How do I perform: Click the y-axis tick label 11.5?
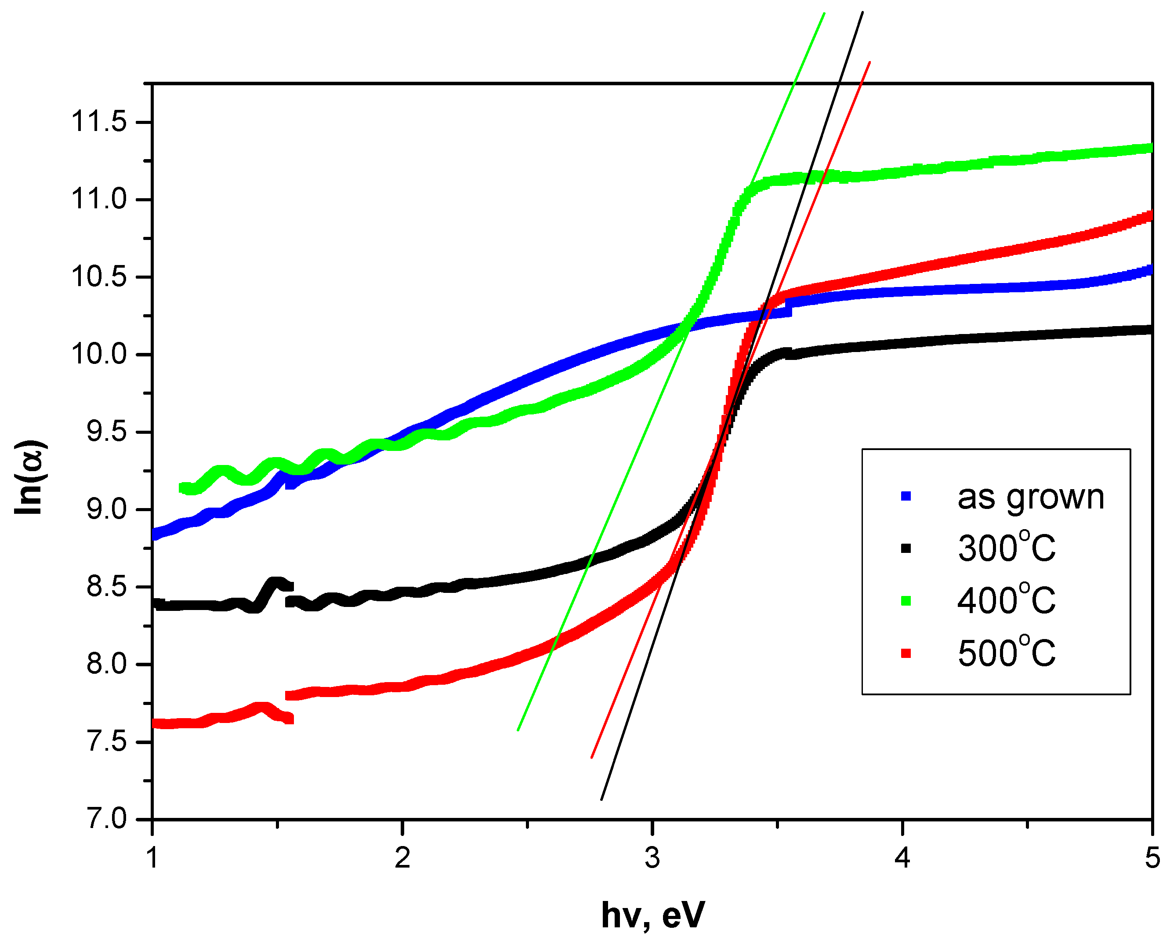[x=99, y=121]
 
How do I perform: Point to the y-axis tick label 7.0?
[x=106, y=819]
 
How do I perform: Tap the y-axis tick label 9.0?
[x=106, y=509]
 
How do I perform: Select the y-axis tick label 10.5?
[x=99, y=277]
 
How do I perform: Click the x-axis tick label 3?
[x=652, y=858]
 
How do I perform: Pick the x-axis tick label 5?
[x=1152, y=858]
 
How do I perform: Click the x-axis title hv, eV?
[x=652, y=915]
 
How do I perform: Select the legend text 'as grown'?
[x=1030, y=497]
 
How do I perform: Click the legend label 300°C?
[x=1006, y=548]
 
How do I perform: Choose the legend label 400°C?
[x=1006, y=601]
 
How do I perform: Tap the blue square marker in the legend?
[x=906, y=496]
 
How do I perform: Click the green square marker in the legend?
[x=906, y=601]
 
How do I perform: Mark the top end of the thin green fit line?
[x=824, y=13]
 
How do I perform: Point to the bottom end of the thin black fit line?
[x=601, y=800]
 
